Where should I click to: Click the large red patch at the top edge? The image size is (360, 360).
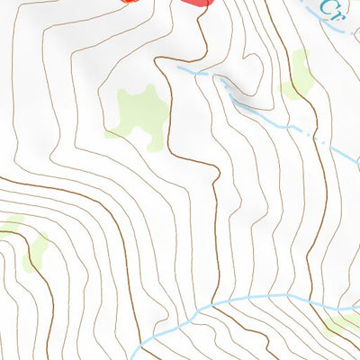click(197, 4)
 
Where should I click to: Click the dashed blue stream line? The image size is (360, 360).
click(270, 117)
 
